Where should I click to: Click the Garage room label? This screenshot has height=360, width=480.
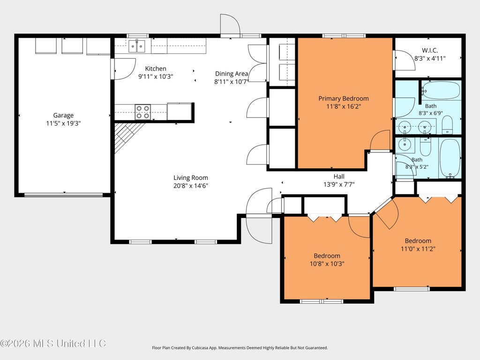(x=63, y=115)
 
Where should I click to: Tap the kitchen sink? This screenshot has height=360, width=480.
(x=136, y=46)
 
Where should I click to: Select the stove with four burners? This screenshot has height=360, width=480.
(x=142, y=112)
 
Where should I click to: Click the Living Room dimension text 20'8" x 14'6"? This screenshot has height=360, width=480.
(x=191, y=186)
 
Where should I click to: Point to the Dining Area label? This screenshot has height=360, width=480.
(x=232, y=74)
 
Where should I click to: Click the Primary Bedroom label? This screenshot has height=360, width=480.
(x=344, y=98)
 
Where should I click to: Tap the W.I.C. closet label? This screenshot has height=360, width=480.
(x=430, y=50)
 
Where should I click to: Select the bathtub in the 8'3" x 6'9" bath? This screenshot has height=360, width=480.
(x=441, y=90)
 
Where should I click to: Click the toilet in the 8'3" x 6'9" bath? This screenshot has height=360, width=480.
(x=447, y=125)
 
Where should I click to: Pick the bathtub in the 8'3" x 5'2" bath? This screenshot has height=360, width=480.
(x=450, y=158)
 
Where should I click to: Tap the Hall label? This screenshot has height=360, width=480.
(x=339, y=176)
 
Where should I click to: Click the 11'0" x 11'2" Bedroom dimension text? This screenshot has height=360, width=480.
(x=418, y=249)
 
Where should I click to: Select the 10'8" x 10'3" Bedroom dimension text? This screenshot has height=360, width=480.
(x=327, y=263)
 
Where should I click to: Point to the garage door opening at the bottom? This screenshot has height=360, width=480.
(x=63, y=195)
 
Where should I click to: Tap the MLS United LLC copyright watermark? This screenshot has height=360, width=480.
(x=53, y=344)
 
